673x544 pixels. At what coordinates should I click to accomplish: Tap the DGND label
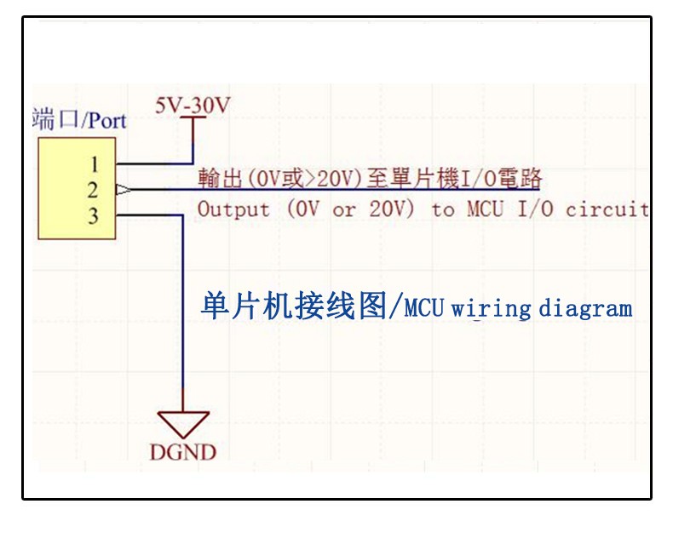(183, 451)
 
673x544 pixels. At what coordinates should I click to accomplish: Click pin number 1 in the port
(94, 163)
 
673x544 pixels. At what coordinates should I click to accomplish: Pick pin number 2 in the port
(94, 190)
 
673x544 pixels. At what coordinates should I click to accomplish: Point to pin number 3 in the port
(94, 216)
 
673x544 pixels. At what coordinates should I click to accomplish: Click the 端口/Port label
(78, 119)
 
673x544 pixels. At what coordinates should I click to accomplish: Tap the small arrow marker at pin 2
(122, 190)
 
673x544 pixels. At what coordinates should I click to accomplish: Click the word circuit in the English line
(607, 209)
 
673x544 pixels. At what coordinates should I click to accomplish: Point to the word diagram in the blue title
(585, 307)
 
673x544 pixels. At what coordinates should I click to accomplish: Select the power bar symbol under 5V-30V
(193, 120)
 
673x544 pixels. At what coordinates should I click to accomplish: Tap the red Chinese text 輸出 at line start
(219, 180)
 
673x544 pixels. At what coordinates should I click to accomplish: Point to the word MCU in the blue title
(424, 307)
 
